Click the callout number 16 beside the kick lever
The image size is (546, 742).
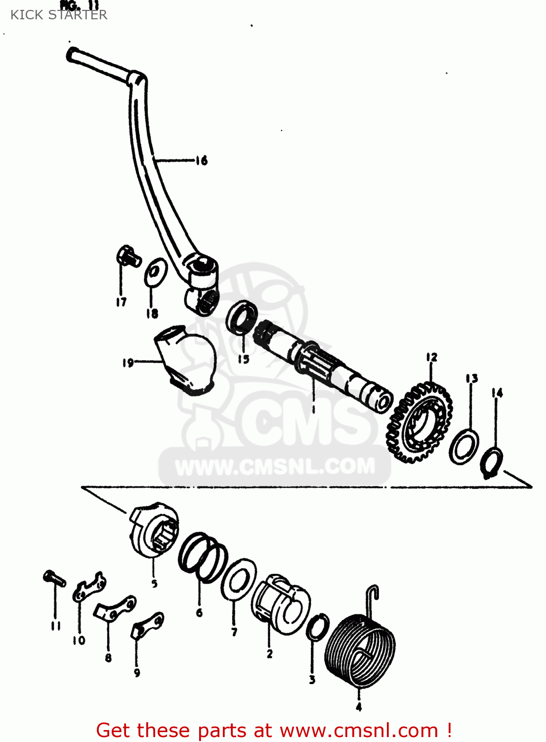pyautogui.click(x=201, y=160)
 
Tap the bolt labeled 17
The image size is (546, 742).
pyautogui.click(x=127, y=256)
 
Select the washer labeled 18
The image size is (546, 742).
pyautogui.click(x=155, y=272)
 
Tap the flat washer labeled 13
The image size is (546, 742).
pyautogui.click(x=464, y=447)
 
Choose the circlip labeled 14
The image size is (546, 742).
pyautogui.click(x=492, y=463)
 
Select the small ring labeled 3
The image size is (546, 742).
pyautogui.click(x=318, y=627)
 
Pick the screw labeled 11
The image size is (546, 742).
pyautogui.click(x=54, y=578)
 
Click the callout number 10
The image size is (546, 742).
pyautogui.click(x=79, y=640)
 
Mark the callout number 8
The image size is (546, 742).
pyautogui.click(x=108, y=658)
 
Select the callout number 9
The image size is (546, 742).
pyautogui.click(x=137, y=672)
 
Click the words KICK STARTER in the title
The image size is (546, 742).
pyautogui.click(x=59, y=15)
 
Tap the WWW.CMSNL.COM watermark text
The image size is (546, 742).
pyautogui.click(x=275, y=466)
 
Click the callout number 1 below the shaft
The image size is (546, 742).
pyautogui.click(x=313, y=409)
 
